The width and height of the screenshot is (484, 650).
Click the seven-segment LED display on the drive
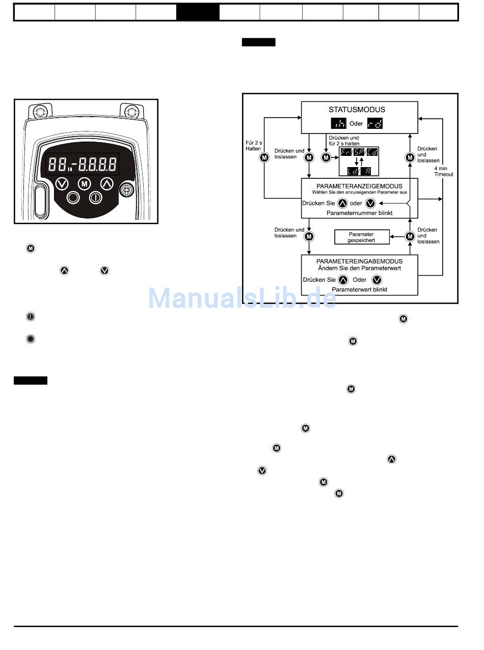(x=83, y=164)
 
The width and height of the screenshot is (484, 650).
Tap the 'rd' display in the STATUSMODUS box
(x=374, y=124)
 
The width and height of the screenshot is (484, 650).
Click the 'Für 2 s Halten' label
(x=253, y=146)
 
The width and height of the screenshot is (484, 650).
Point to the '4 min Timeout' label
(x=443, y=171)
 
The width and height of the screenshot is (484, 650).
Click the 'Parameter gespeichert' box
(x=361, y=237)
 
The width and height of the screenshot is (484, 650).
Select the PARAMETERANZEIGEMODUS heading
(x=359, y=186)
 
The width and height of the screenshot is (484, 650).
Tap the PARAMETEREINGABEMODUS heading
(x=359, y=261)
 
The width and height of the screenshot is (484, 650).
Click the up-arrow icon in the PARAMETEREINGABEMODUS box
(x=343, y=280)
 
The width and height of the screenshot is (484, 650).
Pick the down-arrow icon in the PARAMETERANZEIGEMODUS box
(x=370, y=203)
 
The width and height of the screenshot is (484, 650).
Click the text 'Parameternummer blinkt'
(x=359, y=213)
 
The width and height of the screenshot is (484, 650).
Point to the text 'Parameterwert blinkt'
(x=359, y=289)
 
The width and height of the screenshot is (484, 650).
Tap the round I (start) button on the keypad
(x=95, y=197)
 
